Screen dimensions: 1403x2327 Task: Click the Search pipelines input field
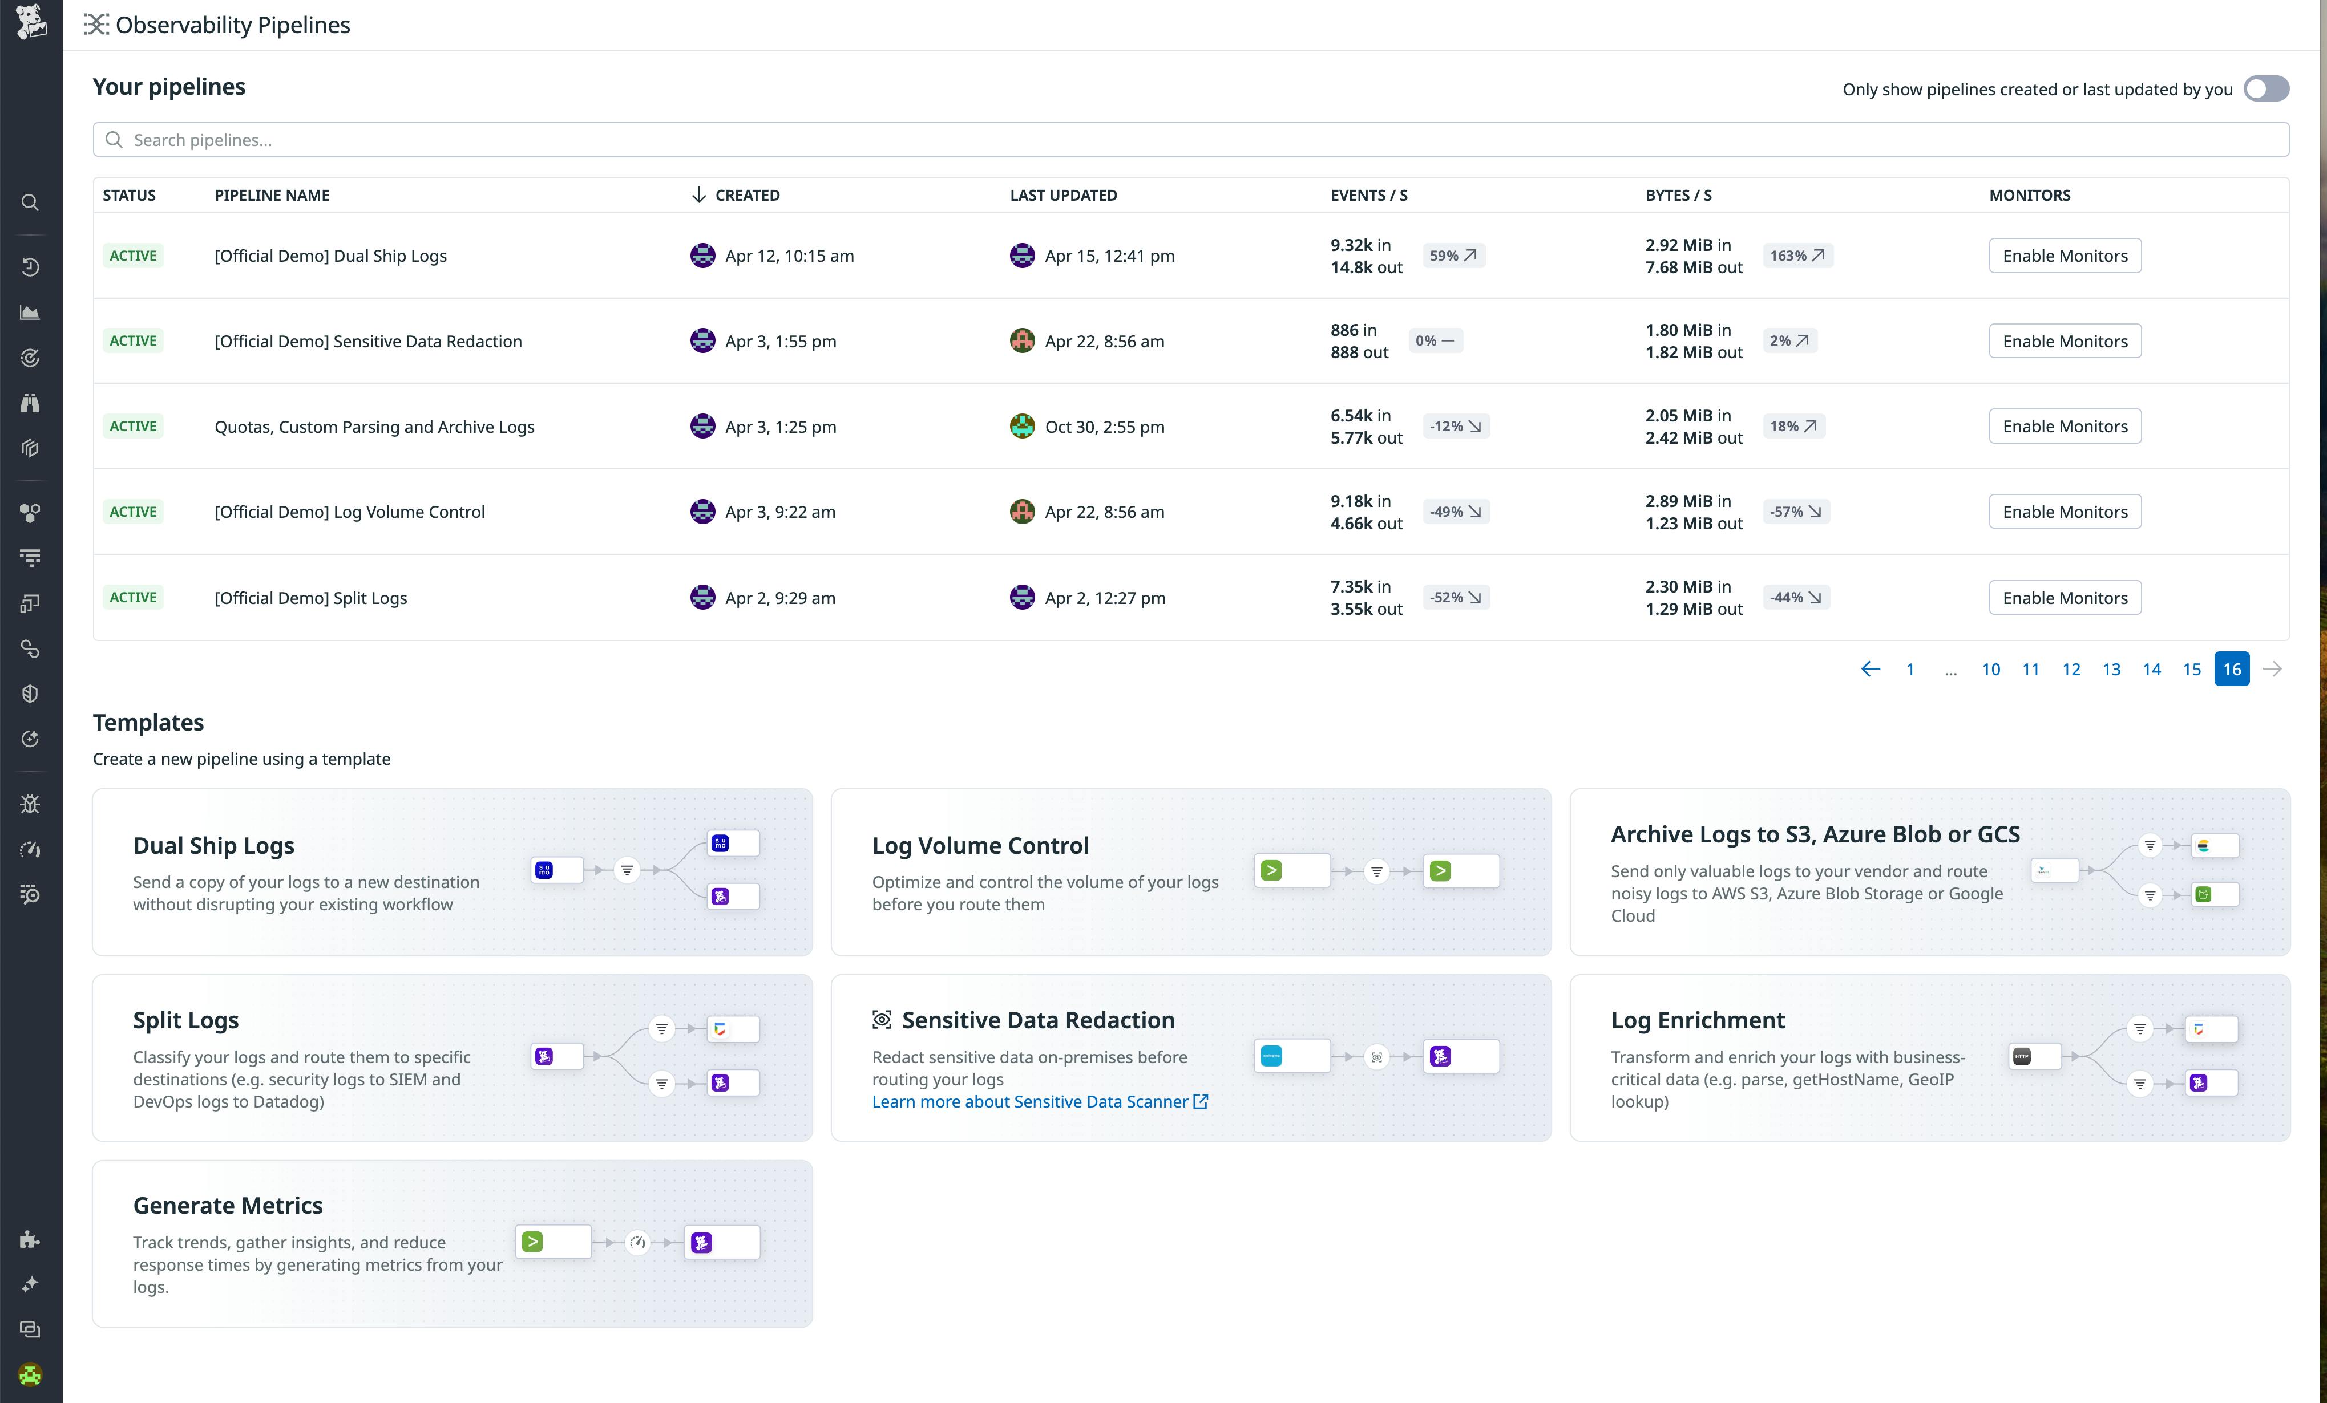(1190, 140)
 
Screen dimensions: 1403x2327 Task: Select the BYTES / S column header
(1678, 196)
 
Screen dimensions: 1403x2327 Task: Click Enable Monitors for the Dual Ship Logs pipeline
(2065, 256)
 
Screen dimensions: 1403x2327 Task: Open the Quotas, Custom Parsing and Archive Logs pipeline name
(374, 427)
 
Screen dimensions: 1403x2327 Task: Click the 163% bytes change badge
(1796, 256)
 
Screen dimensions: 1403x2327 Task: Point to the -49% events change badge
(1455, 512)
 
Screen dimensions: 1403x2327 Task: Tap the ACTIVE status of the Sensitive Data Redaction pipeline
(133, 341)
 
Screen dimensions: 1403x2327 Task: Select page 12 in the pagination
(2071, 670)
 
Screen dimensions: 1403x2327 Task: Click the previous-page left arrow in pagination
(1870, 670)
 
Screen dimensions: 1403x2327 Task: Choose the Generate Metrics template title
(228, 1206)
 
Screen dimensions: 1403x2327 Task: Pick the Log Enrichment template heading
(1697, 1021)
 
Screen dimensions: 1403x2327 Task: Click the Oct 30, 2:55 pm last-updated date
(1104, 427)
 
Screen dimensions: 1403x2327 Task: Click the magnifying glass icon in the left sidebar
(30, 203)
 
